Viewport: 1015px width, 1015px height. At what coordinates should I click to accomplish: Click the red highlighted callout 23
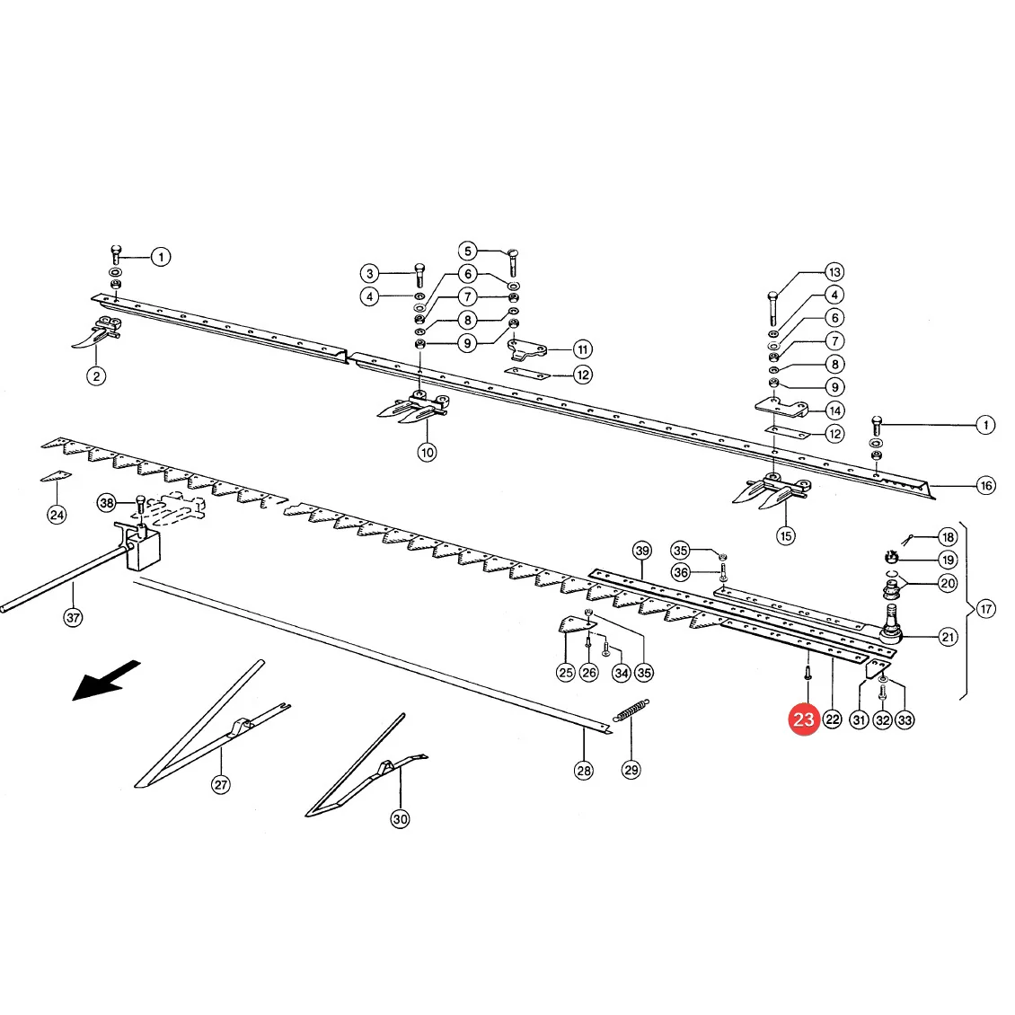point(803,719)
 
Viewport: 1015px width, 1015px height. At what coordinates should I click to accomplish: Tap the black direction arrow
point(105,680)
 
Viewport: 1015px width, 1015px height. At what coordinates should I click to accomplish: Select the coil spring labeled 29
point(631,710)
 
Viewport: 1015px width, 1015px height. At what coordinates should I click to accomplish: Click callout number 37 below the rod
point(73,618)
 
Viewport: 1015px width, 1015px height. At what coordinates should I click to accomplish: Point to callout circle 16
point(986,485)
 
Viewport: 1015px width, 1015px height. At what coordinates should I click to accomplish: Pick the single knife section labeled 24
point(56,476)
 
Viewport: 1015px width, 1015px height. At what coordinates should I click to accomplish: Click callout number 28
point(584,771)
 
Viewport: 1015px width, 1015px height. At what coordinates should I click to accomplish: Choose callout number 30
point(400,819)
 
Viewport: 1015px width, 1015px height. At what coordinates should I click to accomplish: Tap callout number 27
point(221,784)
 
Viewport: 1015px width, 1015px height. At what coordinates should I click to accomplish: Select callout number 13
point(834,272)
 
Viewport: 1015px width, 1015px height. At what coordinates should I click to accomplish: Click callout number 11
point(583,349)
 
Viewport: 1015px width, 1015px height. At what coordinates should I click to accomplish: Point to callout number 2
point(96,376)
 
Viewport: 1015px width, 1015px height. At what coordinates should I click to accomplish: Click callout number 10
point(427,452)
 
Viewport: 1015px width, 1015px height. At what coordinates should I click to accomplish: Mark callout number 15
point(786,536)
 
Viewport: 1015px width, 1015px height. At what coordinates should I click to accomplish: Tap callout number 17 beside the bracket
point(986,609)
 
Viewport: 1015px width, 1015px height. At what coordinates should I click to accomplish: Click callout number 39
point(642,551)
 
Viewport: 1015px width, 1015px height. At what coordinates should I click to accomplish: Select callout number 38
point(107,502)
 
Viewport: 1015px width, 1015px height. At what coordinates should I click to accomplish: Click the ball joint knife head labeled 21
point(890,624)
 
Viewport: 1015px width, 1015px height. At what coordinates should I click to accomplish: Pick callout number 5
point(467,251)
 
